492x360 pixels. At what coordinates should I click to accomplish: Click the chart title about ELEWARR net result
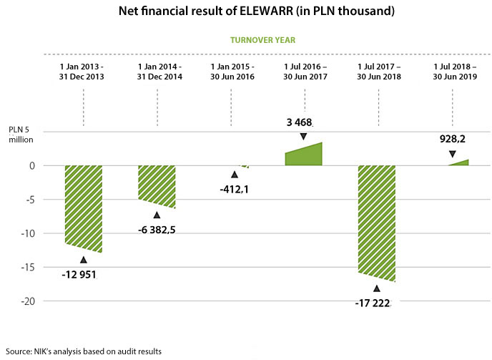pyautogui.click(x=245, y=11)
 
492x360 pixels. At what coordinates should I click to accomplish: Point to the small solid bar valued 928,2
pyautogui.click(x=459, y=162)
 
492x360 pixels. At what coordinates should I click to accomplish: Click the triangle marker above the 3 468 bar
pyautogui.click(x=303, y=136)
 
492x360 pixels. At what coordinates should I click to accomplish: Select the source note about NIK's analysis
pyautogui.click(x=83, y=351)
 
